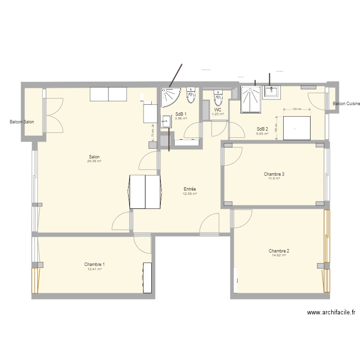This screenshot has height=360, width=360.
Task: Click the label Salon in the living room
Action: coord(94,157)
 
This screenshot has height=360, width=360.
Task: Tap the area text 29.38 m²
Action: coord(94,161)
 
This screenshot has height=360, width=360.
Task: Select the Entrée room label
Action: coord(190,189)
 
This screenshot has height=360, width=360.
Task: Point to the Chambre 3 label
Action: coord(274,174)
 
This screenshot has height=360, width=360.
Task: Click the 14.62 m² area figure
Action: coord(279,255)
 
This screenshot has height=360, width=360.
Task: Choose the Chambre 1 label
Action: coord(95,264)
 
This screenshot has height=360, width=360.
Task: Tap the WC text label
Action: coord(218,110)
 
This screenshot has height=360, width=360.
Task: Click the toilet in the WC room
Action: coord(218,98)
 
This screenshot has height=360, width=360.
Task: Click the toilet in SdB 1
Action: coord(191,95)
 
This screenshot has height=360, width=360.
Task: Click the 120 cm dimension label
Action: coord(297,109)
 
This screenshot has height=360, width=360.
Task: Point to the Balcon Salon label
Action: coord(22,122)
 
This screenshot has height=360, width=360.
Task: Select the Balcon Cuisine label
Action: coord(346,104)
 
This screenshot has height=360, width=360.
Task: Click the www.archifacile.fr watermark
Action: coord(331,312)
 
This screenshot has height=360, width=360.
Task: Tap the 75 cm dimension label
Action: coord(153,132)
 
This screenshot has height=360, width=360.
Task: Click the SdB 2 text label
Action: coord(262,129)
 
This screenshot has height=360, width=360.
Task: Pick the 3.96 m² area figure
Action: coord(181,118)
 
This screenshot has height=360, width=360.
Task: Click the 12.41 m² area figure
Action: coord(95,269)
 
